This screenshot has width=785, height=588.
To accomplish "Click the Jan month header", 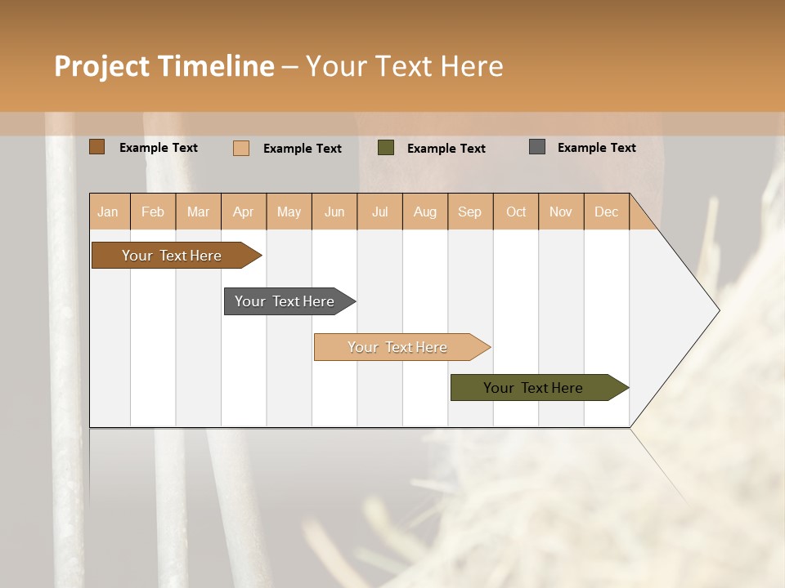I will click(109, 212).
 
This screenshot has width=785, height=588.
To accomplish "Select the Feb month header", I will click(153, 212).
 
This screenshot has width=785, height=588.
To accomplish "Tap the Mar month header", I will click(198, 212).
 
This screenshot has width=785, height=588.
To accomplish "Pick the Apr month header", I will click(243, 212).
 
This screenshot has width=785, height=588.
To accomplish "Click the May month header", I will click(289, 212).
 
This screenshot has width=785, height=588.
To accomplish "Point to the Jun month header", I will click(334, 212).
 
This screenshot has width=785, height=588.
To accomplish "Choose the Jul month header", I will click(379, 212).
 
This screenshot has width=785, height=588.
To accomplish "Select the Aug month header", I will click(424, 212).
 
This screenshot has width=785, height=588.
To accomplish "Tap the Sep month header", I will click(469, 212).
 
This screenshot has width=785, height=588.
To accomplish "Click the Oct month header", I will click(516, 212).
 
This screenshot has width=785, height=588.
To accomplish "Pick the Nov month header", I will click(561, 212).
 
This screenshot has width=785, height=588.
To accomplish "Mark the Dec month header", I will click(606, 212).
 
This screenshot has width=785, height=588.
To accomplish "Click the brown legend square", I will click(97, 147).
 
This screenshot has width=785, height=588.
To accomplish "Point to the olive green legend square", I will click(386, 148).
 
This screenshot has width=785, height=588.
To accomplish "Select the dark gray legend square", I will click(537, 147).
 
